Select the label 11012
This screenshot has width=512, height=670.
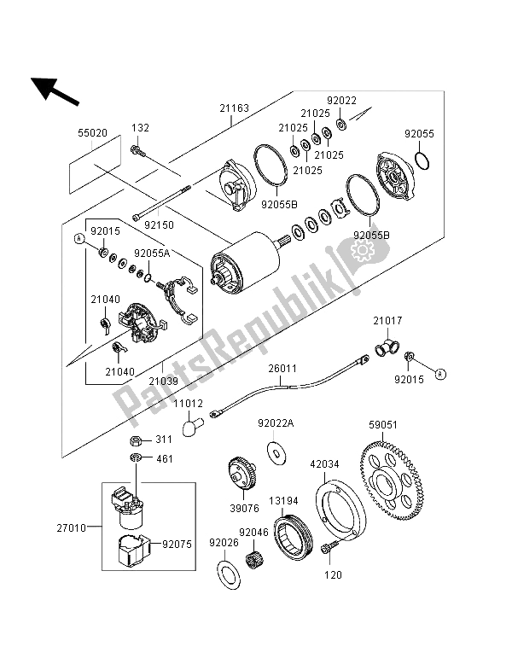(x=189, y=401)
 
